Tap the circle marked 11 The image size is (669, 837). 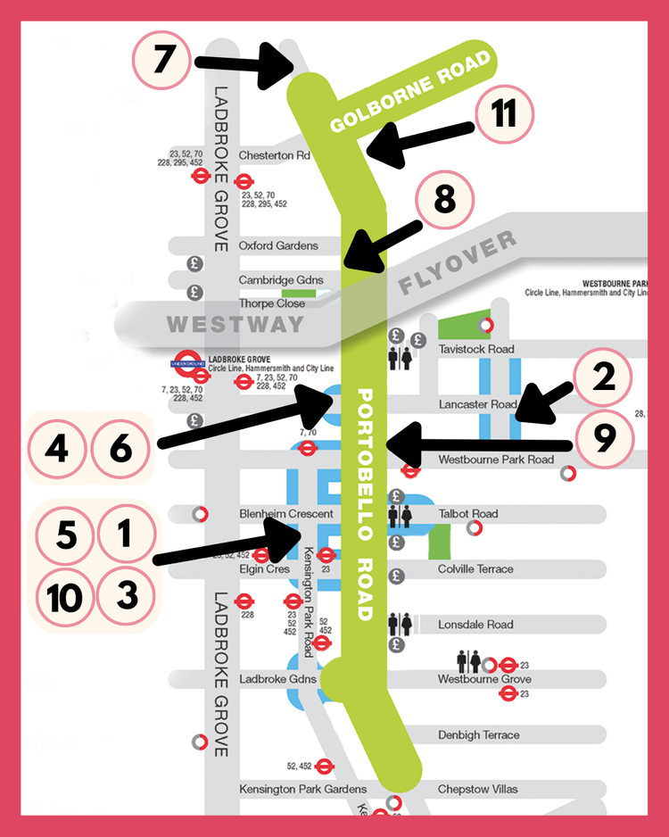pyautogui.click(x=504, y=115)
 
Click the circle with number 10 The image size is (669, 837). pyautogui.click(x=64, y=596)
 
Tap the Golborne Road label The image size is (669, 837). pyautogui.click(x=410, y=92)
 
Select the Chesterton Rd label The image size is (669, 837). pyautogui.click(x=274, y=155)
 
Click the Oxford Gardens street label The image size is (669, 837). pyautogui.click(x=277, y=246)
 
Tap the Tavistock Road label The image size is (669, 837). pyautogui.click(x=476, y=349)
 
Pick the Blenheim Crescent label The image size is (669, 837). pyautogui.click(x=285, y=514)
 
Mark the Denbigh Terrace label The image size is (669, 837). pyautogui.click(x=478, y=735)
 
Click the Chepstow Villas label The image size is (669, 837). pyautogui.click(x=477, y=789)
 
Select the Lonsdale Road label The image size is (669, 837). pyautogui.click(x=475, y=625)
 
